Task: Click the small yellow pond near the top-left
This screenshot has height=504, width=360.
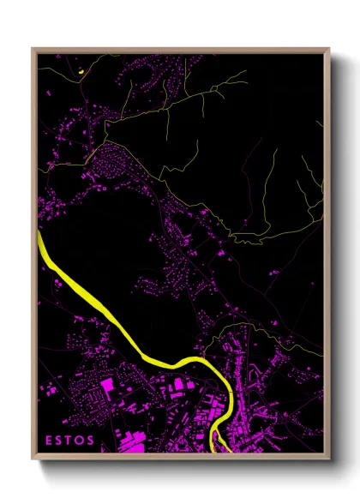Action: (78, 72)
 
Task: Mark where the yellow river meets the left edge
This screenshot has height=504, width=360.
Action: (39, 233)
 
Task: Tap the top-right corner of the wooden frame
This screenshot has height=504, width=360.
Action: (329, 49)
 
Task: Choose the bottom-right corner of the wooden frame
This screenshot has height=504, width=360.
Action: (329, 459)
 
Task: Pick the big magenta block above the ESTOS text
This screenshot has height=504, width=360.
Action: (109, 387)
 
